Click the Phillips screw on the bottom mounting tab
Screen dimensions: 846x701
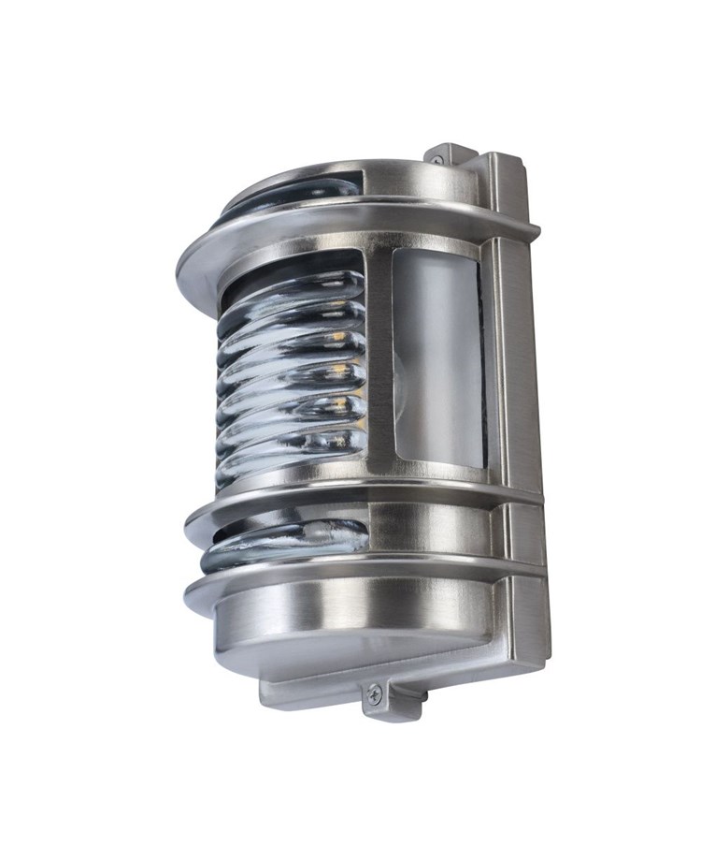374,693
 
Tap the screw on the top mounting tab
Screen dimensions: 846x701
436,160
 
